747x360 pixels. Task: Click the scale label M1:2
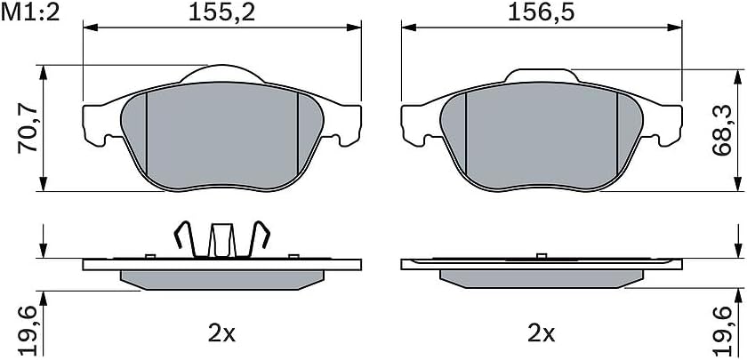pyautogui.click(x=30, y=12)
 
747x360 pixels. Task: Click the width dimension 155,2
pyautogui.click(x=222, y=12)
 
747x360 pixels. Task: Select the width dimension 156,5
pyautogui.click(x=542, y=12)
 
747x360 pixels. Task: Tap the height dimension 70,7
pyautogui.click(x=28, y=130)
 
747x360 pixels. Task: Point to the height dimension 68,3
pyautogui.click(x=722, y=132)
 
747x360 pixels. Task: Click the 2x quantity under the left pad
pyautogui.click(x=222, y=334)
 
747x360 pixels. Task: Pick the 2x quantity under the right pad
pyautogui.click(x=542, y=334)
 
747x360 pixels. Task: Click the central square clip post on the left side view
pyautogui.click(x=221, y=240)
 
